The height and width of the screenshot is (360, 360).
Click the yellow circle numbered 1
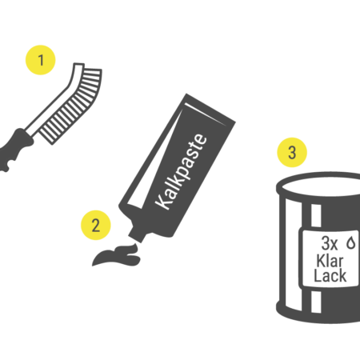[40, 60]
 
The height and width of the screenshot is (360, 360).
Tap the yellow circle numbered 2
[96, 225]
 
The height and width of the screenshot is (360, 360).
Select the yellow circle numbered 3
[292, 152]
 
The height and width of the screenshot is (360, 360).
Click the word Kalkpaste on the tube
[181, 172]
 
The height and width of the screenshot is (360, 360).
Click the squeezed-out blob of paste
[118, 255]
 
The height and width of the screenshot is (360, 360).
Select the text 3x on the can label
[330, 243]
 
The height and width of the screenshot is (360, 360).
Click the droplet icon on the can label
[350, 242]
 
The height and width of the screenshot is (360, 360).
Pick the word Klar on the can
[330, 261]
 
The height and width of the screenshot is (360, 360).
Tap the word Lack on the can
[330, 275]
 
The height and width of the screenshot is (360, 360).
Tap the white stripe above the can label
[316, 215]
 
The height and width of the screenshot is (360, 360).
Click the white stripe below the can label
[316, 302]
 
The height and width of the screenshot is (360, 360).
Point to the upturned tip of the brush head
[79, 66]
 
